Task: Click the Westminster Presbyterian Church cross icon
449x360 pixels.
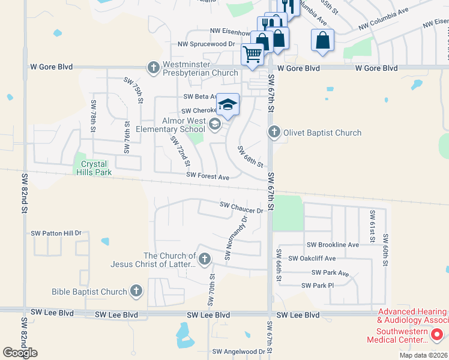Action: point(154,67)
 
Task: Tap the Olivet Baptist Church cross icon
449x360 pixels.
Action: point(274,131)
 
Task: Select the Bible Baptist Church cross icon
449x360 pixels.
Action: point(136,292)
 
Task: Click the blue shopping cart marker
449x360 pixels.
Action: point(253,54)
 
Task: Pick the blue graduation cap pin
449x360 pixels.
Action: point(228,104)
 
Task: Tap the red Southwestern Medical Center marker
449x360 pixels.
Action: point(437,334)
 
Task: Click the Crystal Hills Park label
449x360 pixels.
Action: point(91,168)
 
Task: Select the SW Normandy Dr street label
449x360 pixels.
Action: point(235,239)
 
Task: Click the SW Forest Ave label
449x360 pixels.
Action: point(208,176)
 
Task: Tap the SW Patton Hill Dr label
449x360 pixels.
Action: point(56,233)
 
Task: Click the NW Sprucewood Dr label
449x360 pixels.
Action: point(206,44)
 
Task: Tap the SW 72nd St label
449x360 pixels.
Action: point(180,151)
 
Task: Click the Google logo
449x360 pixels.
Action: point(20,352)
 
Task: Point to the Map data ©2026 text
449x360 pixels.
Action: point(423,355)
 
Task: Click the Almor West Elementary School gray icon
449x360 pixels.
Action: point(214,124)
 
